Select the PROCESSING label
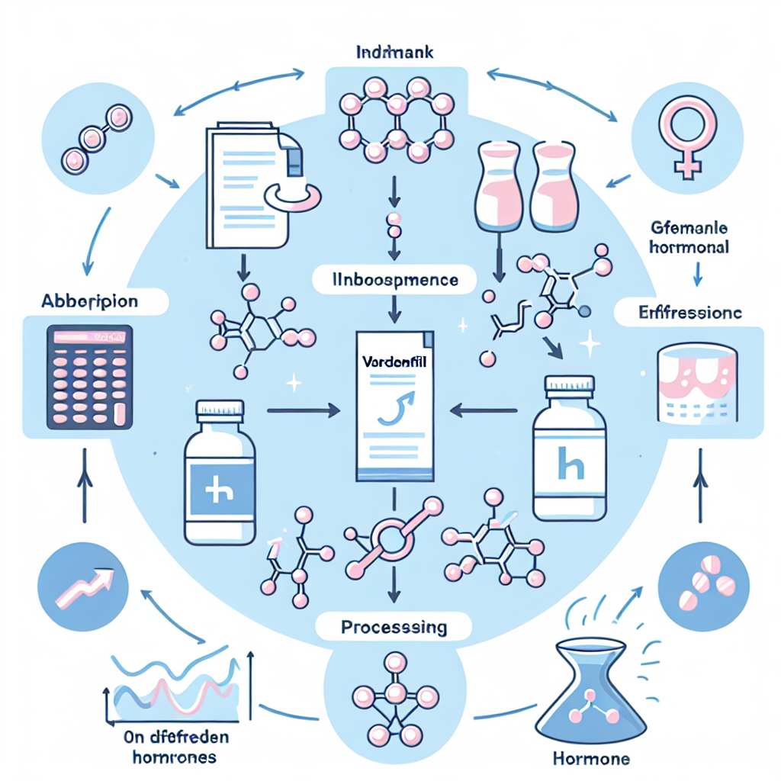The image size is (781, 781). (392, 628)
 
